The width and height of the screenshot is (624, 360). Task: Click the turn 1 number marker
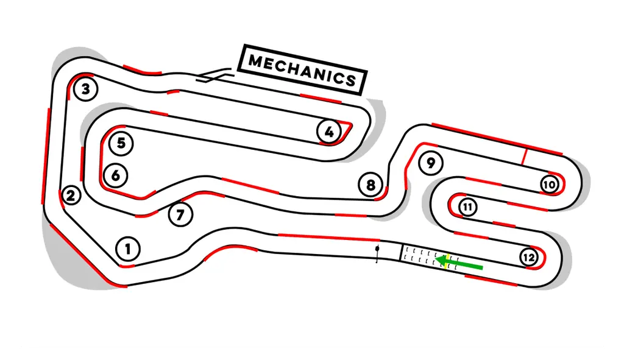[127, 249]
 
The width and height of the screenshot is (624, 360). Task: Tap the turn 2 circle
[71, 196]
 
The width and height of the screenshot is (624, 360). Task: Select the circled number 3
[86, 90]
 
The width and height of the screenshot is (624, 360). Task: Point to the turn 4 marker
[329, 131]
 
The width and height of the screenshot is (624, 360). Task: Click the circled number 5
[121, 144]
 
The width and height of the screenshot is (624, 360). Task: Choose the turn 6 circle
[116, 175]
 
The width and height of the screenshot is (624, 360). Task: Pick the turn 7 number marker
[180, 214]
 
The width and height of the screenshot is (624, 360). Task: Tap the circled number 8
[370, 184]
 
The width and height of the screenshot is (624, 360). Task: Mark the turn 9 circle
[431, 163]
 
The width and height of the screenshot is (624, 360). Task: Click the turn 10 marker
[549, 185]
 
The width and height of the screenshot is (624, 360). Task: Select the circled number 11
[467, 207]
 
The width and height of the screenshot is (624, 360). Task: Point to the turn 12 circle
[528, 258]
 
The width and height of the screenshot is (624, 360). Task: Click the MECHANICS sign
[303, 71]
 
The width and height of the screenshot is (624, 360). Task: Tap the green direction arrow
[461, 264]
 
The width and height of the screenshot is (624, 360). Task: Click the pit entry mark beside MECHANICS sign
[213, 76]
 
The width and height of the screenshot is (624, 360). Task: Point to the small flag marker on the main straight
[378, 252]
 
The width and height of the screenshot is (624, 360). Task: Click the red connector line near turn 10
[523, 156]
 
